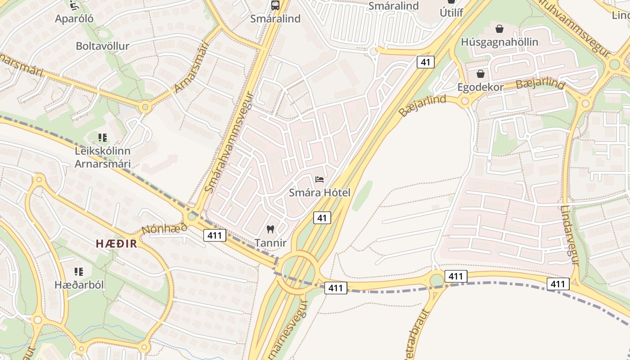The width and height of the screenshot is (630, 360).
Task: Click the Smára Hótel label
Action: pos(319,193)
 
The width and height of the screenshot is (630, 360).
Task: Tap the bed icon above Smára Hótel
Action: pos(319,180)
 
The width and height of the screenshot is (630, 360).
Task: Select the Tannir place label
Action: pos(270,243)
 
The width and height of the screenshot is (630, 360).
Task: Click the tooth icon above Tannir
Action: pos(270,229)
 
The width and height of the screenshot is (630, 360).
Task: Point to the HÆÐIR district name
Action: pos(116,243)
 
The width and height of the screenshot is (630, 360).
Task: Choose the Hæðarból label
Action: pos(79,285)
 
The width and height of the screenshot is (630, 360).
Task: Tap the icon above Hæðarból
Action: pos(79,272)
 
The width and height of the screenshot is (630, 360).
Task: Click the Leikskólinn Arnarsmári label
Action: pos(103,157)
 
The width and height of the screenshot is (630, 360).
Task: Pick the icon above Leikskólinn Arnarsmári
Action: pos(103,138)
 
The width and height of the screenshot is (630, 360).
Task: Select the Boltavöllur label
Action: pos(103,46)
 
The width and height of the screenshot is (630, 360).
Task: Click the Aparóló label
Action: pos(74,18)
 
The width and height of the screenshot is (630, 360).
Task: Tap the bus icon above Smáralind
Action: pos(275,5)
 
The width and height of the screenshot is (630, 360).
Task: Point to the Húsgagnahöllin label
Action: pos(499,42)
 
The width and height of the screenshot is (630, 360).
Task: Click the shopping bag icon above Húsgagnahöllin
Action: pos(499,29)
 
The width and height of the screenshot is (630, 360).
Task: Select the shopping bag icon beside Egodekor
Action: pos(481,74)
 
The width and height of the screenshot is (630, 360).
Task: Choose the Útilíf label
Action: pos(451,13)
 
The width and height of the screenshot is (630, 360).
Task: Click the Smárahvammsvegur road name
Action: pos(229,142)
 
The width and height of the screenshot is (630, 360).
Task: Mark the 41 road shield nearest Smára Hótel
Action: pos(322,218)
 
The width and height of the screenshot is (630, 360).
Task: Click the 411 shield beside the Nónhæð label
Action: pos(215,234)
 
